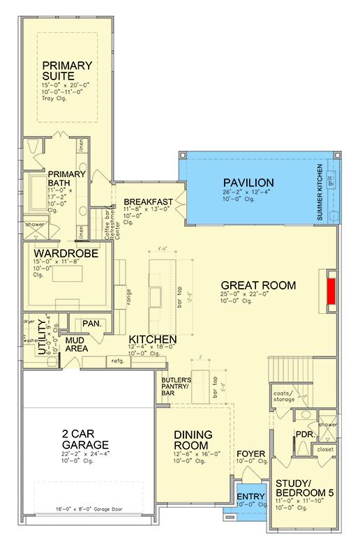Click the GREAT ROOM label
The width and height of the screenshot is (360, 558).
(x=258, y=285)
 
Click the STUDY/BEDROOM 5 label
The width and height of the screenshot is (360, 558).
(x=304, y=488)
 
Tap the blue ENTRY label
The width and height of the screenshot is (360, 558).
(x=249, y=496)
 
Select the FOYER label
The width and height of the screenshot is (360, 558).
(x=250, y=454)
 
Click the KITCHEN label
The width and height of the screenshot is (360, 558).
(x=152, y=339)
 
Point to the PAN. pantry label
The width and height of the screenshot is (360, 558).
(x=91, y=324)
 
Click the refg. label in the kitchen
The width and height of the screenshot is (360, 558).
(x=114, y=361)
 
